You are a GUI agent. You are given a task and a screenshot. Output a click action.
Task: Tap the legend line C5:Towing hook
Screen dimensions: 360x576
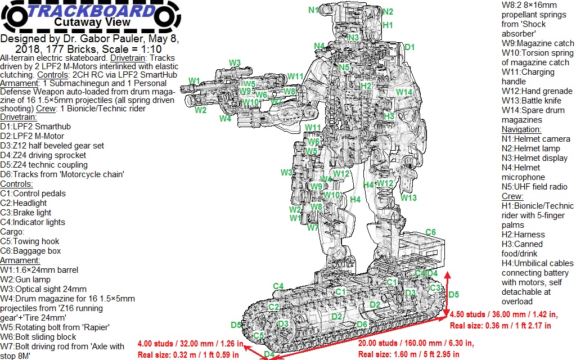tap(29, 241)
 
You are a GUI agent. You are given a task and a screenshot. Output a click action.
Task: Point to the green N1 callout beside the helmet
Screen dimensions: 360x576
tap(313, 10)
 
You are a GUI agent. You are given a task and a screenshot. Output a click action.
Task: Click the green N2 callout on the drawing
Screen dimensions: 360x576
tap(388, 11)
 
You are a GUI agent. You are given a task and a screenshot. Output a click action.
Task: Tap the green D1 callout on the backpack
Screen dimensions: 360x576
tap(409, 47)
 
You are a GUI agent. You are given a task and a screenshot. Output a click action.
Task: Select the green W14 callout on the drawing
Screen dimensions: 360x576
tap(404, 92)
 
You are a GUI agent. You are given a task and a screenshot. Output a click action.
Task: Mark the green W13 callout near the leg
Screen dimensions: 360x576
tap(409, 197)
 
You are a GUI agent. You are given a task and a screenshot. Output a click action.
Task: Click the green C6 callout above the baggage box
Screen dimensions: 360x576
tap(430, 232)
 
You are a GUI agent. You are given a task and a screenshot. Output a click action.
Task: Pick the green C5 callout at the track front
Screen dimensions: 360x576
tap(259, 336)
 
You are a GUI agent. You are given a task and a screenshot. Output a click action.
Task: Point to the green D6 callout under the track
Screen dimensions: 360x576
tap(362, 325)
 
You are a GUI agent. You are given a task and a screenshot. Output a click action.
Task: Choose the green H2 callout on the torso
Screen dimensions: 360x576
tap(366, 85)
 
